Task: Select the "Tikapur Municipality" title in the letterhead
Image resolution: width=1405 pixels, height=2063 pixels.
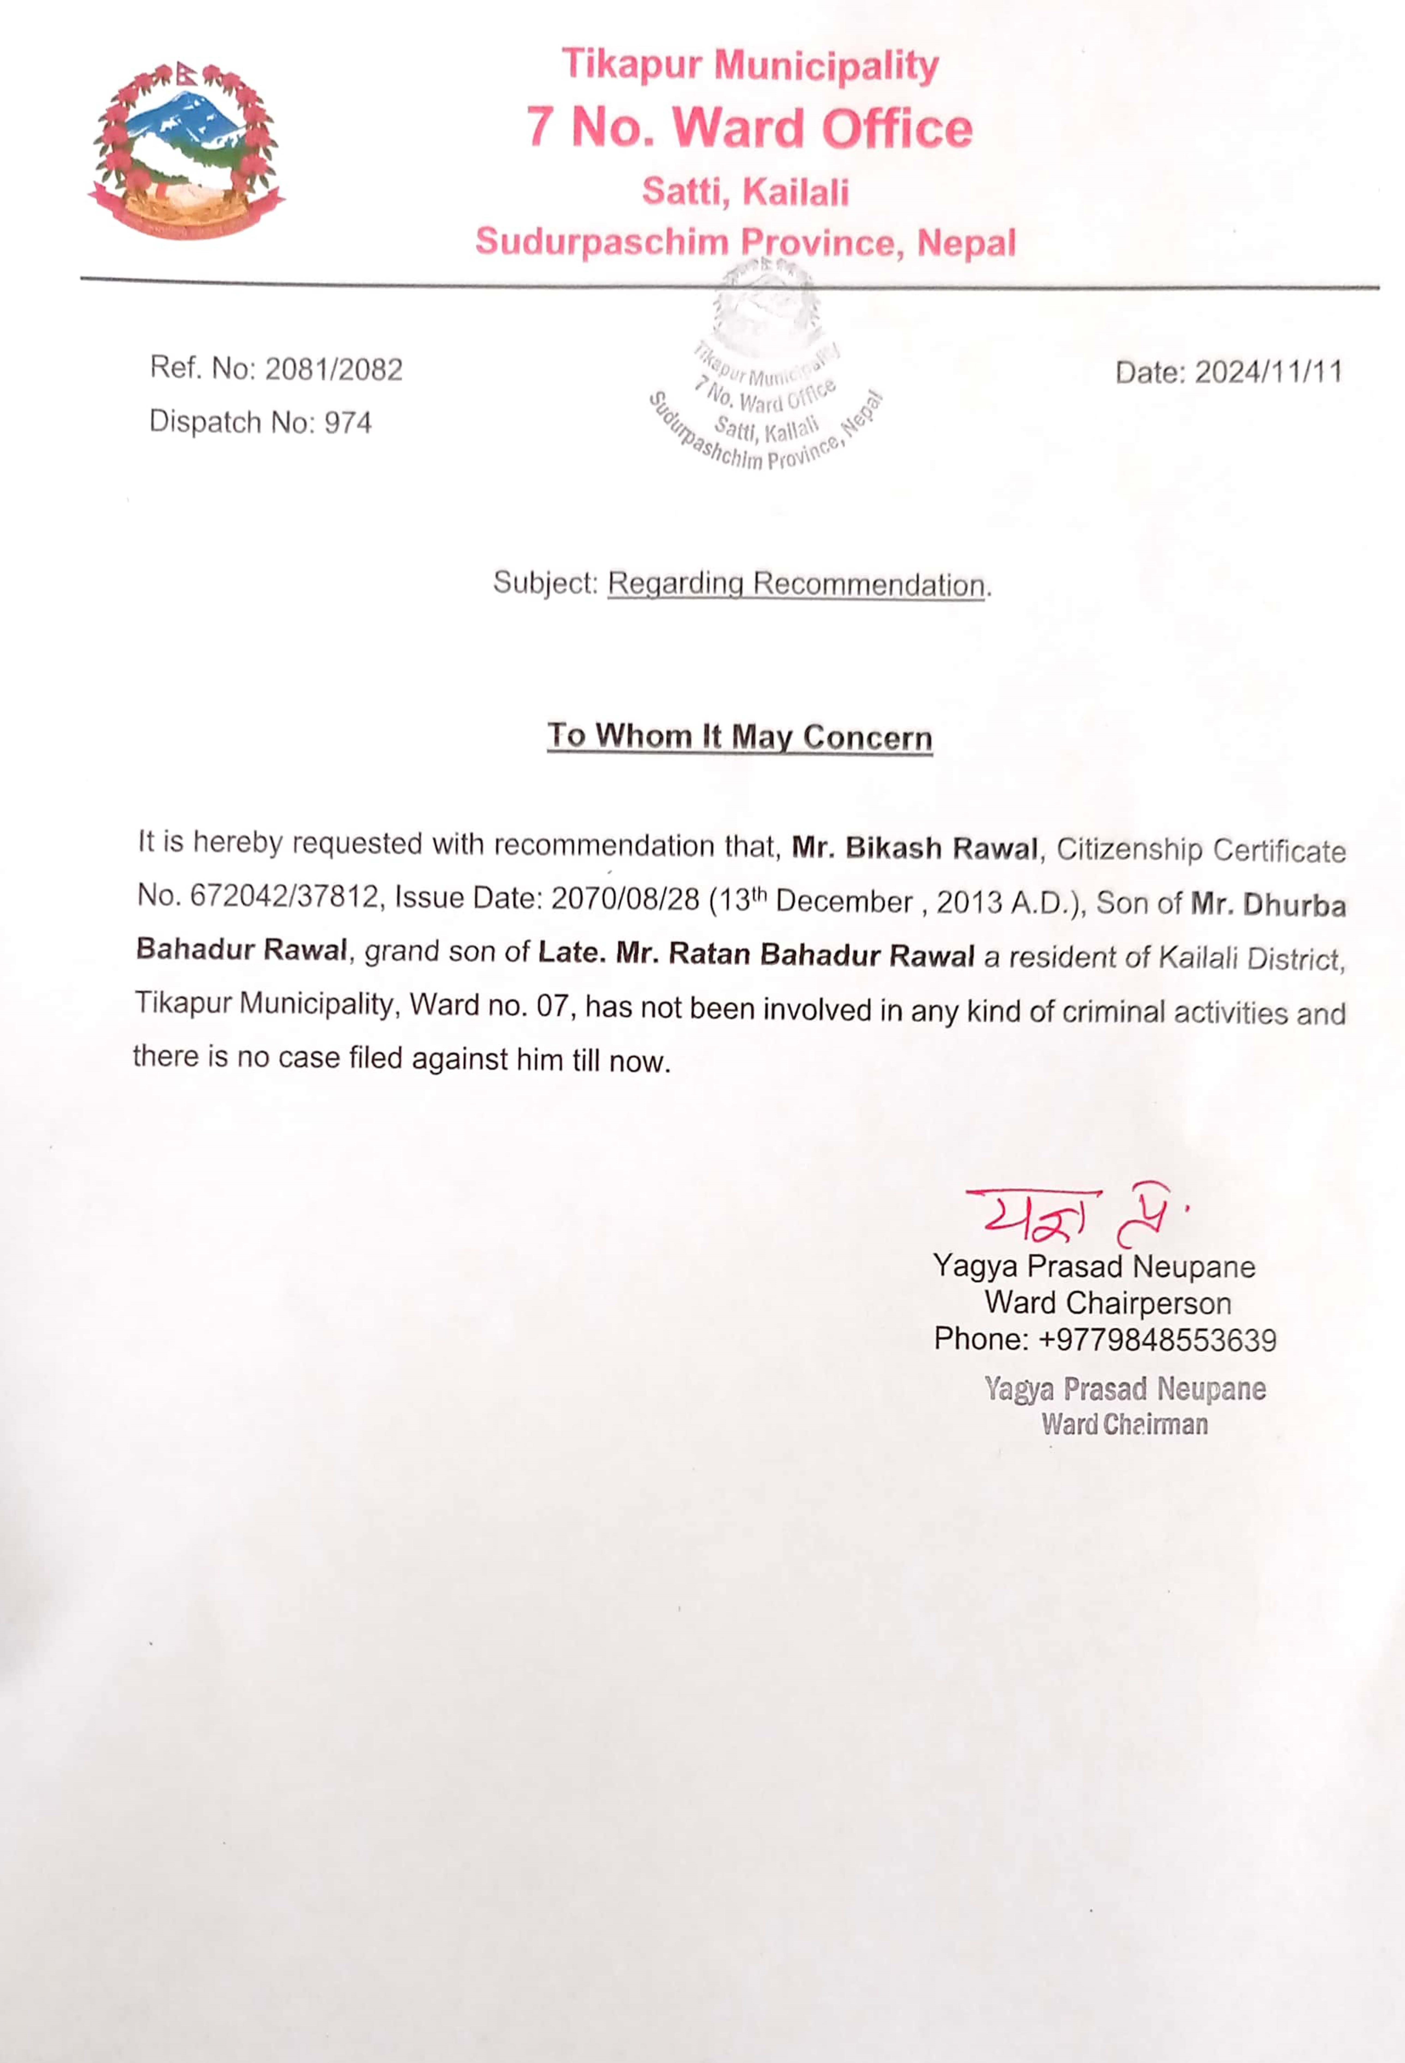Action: [x=749, y=65]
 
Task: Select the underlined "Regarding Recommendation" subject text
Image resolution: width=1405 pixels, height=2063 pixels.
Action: [x=796, y=584]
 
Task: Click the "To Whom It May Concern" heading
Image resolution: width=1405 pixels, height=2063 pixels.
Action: [x=739, y=737]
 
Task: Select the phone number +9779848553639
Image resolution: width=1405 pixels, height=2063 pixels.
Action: [x=1156, y=1339]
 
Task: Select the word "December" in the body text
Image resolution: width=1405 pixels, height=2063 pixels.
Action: [x=844, y=902]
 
